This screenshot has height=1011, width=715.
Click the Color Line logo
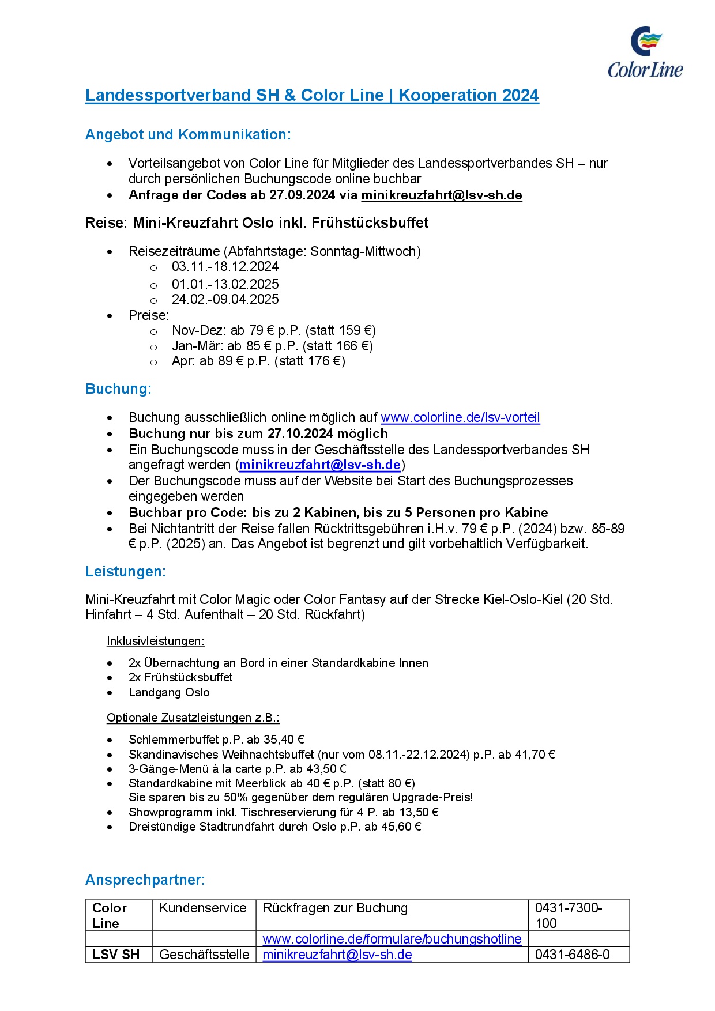coord(645,52)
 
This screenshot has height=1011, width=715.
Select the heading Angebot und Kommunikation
coord(188,135)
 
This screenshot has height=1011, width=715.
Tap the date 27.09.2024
coord(302,195)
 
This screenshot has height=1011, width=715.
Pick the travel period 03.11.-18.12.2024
coord(225,267)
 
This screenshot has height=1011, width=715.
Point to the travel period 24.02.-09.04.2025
coord(225,300)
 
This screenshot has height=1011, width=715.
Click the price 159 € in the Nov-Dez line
coord(355,331)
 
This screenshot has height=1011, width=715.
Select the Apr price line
coord(258,361)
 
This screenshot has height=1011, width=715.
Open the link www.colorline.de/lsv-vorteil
coord(460,417)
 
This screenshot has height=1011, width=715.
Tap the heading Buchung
coord(118,389)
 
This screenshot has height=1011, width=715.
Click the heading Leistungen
coord(126,572)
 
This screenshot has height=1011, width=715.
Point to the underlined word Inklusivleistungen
coord(156,641)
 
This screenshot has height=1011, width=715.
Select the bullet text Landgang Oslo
coord(169,692)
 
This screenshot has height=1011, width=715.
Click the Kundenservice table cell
coord(203,908)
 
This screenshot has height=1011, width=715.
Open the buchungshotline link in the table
coord(392,939)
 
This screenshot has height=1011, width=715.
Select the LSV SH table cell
coord(116,955)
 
